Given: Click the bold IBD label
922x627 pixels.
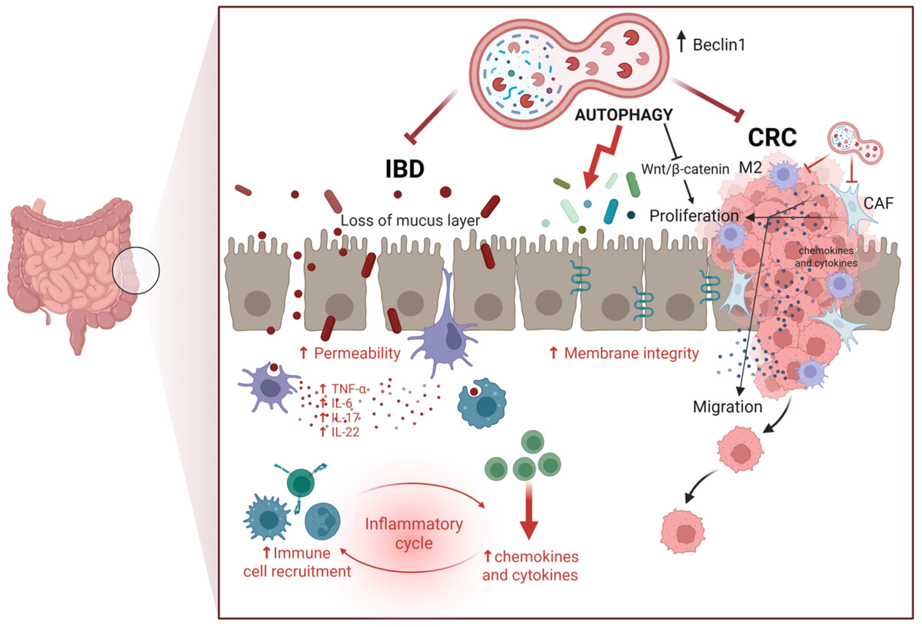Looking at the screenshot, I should pos(404,169).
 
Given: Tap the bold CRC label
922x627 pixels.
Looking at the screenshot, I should pos(772,138).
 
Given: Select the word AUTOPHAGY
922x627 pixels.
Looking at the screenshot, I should pos(624,115).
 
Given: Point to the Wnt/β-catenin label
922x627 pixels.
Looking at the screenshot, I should pos(685,169).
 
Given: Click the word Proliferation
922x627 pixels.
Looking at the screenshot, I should pos(694,216).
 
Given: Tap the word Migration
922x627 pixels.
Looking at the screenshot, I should pos(727,407).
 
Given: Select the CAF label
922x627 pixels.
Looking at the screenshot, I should pos(879,203).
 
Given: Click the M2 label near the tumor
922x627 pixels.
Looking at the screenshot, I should pos(750,168).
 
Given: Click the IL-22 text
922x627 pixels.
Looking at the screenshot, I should pos(345,432).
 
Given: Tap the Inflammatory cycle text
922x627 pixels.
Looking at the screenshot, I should pos(414,533).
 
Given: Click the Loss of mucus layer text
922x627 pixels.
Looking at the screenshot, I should pos(410,220).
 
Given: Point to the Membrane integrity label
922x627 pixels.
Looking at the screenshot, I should pos(631,353).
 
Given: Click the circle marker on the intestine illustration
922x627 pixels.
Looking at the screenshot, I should pos(136,271).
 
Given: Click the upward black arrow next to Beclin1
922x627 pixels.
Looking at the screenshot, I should pos(682,42).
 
